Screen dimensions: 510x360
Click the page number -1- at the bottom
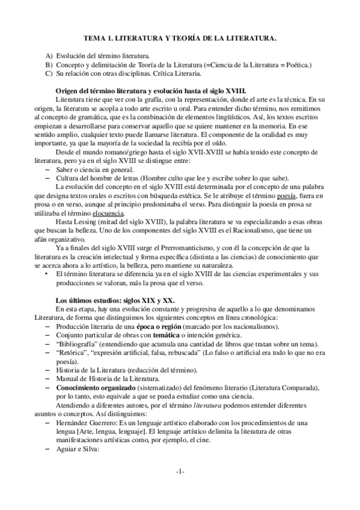coord(180,488)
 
